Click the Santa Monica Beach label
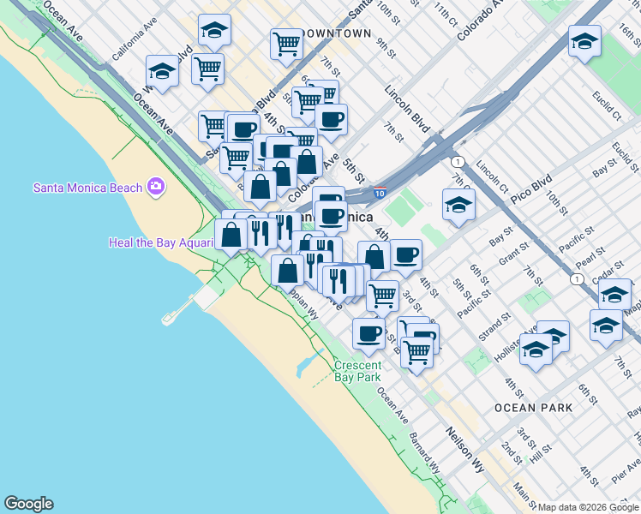(88, 187)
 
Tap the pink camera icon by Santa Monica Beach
(155, 186)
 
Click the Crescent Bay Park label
(358, 371)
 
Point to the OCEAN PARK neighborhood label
(533, 408)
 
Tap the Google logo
(28, 504)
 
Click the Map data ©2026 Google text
(589, 507)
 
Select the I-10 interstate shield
(379, 196)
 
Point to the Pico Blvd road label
(530, 186)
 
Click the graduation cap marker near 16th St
(584, 41)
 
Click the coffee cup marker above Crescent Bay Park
(368, 334)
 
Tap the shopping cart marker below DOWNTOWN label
(287, 43)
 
